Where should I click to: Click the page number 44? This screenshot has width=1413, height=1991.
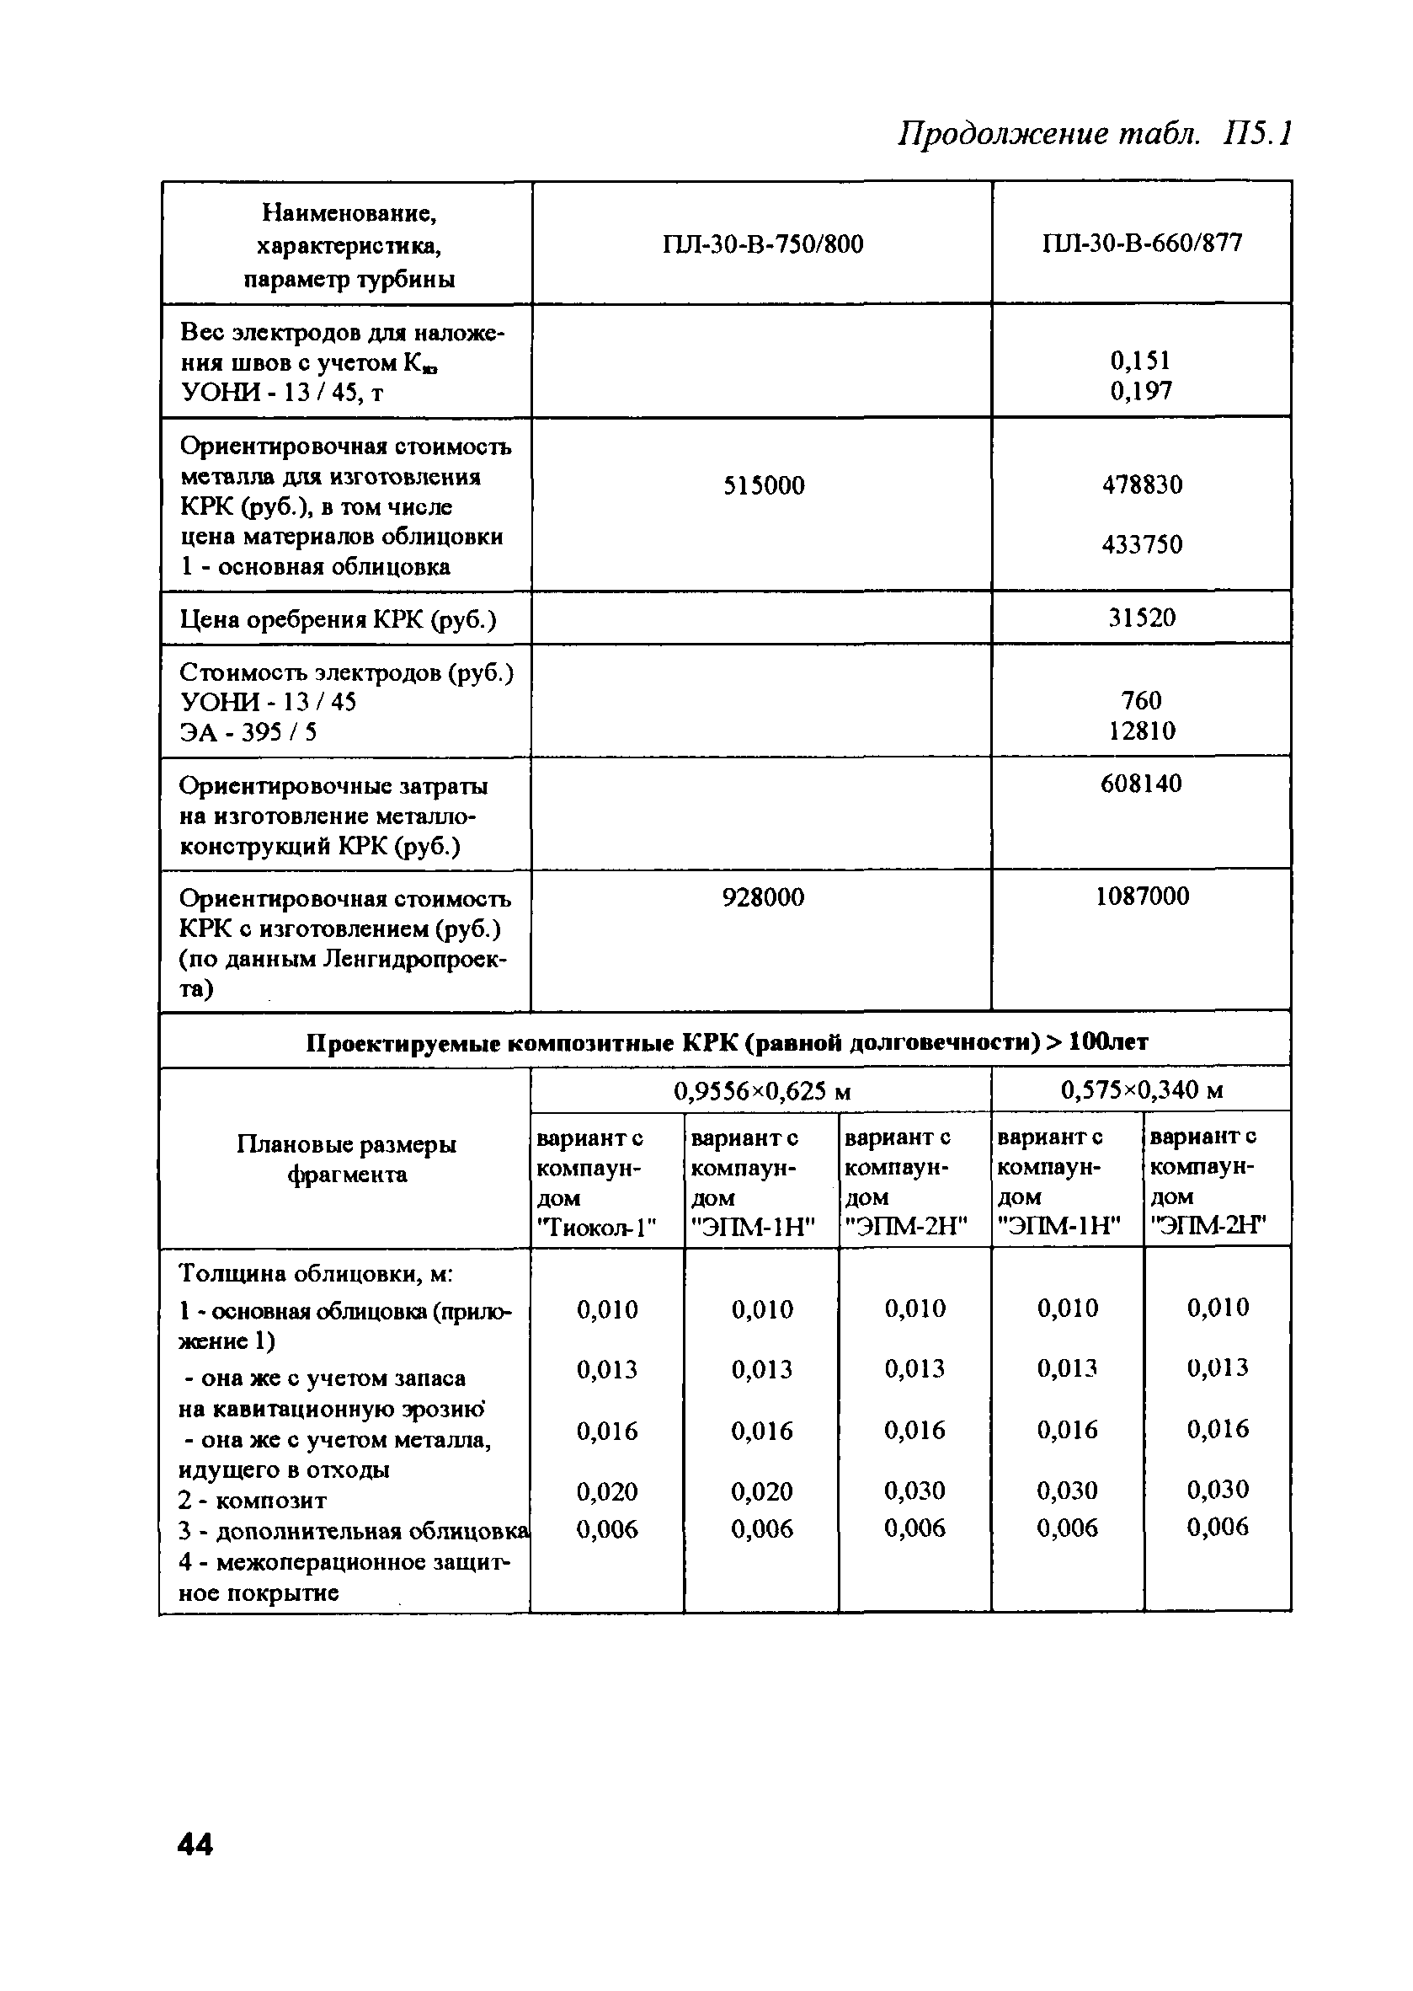[195, 1844]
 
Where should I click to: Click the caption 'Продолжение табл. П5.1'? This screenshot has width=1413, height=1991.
[1095, 134]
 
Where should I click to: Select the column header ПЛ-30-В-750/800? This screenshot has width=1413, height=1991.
[762, 244]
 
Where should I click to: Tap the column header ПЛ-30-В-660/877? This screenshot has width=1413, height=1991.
[1142, 243]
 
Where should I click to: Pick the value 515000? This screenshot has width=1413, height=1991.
[763, 486]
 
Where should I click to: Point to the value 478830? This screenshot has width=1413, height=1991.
[1142, 485]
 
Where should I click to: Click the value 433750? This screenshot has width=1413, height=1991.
[1142, 545]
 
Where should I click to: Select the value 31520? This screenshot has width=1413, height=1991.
[1142, 618]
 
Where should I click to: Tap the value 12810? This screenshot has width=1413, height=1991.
[1142, 731]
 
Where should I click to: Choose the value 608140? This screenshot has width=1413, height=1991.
[1142, 784]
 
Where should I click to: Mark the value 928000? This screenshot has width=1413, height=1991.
[763, 897]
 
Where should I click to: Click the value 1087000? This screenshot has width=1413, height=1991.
[1142, 896]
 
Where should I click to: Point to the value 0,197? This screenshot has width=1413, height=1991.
[1142, 391]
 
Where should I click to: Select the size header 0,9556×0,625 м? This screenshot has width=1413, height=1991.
[762, 1091]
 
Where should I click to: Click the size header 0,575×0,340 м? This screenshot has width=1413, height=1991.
[1142, 1090]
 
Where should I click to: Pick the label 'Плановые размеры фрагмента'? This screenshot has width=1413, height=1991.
[346, 1159]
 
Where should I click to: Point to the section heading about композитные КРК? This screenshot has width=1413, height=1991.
[727, 1042]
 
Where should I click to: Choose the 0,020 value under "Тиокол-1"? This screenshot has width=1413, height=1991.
[607, 1492]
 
